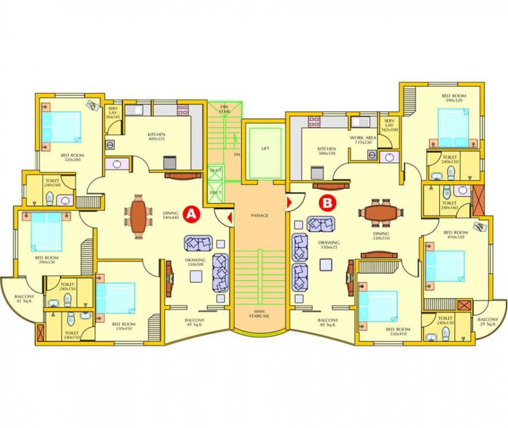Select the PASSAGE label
pos(259,216)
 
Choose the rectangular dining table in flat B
pos(381,212)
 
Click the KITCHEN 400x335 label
pos(156,136)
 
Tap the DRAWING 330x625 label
pos(329,245)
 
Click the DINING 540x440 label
pos(170,215)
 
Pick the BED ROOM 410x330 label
pos(455,235)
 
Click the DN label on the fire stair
pos(236,155)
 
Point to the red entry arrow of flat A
pos(229,217)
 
